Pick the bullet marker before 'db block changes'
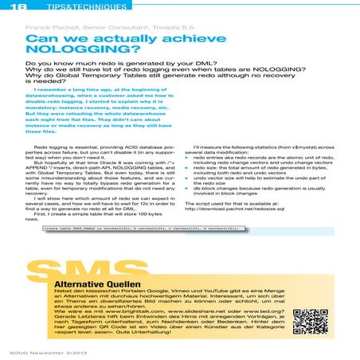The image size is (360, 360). click(186, 194)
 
